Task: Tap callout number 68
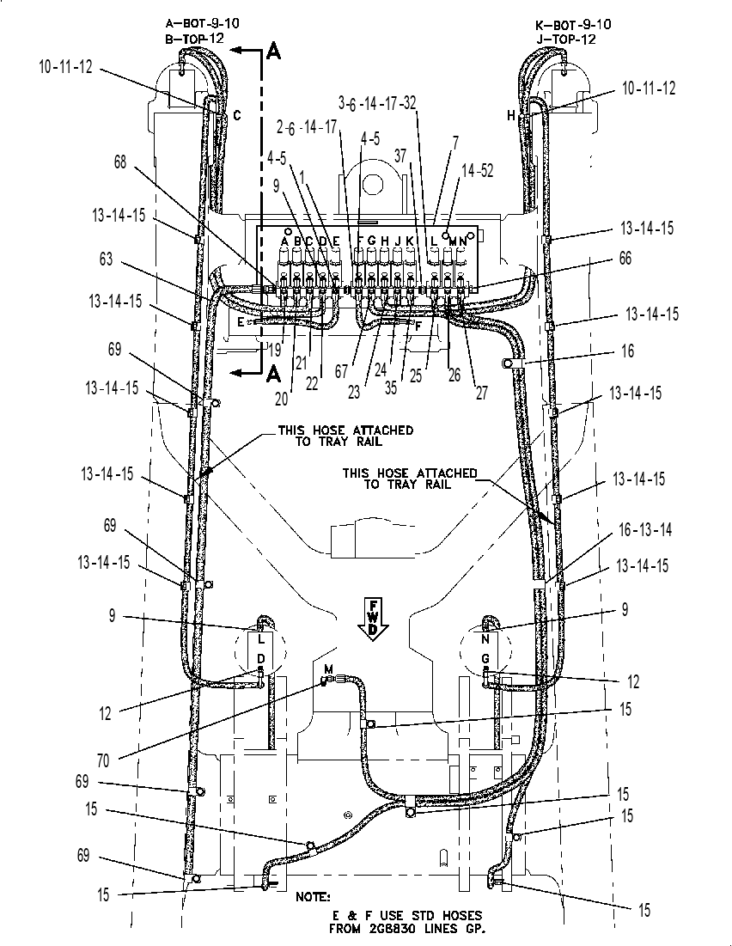(120, 162)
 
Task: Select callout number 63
(106, 260)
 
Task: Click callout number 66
(625, 259)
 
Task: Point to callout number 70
(103, 760)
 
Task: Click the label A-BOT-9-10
(202, 23)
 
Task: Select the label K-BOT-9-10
(573, 25)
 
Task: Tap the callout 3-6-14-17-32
(377, 103)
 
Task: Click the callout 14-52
(478, 171)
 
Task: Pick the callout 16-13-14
(645, 530)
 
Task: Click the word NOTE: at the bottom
(313, 896)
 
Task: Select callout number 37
(400, 156)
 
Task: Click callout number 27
(481, 393)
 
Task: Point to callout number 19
(275, 350)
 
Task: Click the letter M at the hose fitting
(328, 668)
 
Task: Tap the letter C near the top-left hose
(237, 114)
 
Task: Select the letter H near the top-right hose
(511, 115)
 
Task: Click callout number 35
(391, 388)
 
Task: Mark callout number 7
(455, 143)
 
